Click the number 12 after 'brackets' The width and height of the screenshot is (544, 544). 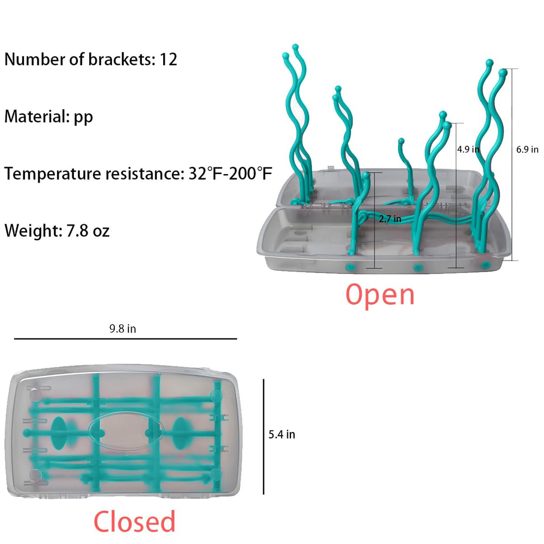click(168, 59)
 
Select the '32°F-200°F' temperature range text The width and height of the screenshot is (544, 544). click(230, 174)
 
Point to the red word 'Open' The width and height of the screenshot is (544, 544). click(380, 294)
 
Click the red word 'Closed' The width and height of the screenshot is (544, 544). click(134, 521)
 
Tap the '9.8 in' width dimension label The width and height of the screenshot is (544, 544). click(123, 329)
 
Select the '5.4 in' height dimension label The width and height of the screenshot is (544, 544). click(282, 434)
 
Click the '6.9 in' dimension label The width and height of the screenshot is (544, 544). click(527, 150)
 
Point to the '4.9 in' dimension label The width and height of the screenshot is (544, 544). click(468, 150)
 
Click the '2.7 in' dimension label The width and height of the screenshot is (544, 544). click(390, 219)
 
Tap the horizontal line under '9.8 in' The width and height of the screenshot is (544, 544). click(126, 338)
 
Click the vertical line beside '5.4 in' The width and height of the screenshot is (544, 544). click(264, 436)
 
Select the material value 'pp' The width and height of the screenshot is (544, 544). click(83, 118)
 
